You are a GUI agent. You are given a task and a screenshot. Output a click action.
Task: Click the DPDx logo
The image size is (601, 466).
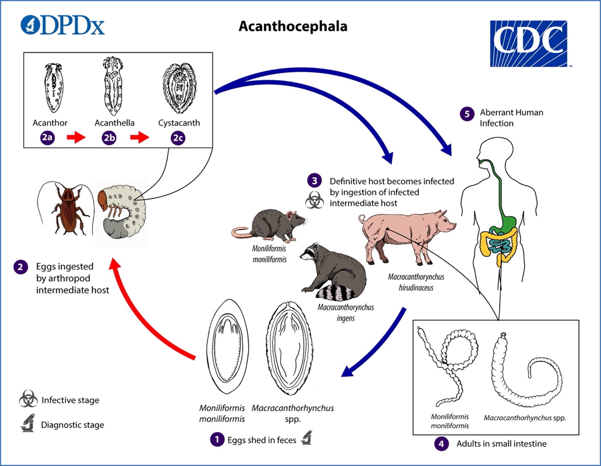pyautogui.click(x=62, y=24)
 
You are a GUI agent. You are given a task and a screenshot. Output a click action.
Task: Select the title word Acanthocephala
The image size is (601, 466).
pyautogui.click(x=293, y=27)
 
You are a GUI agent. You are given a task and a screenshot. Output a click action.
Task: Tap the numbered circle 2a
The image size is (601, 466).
pyautogui.click(x=48, y=138)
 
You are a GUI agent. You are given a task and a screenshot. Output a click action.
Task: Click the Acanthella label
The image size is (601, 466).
pyautogui.click(x=114, y=123)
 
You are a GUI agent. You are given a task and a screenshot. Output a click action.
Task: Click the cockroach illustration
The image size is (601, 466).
pyautogui.click(x=66, y=209)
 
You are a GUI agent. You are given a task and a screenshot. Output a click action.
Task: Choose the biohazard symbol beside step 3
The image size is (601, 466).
pyautogui.click(x=314, y=201)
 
